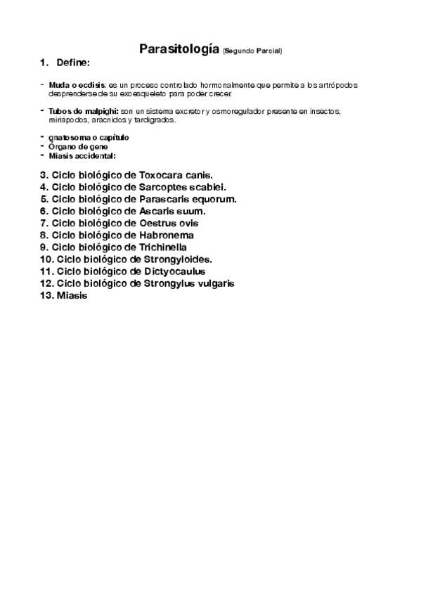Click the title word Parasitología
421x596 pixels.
(179, 49)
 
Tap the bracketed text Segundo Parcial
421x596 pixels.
(252, 51)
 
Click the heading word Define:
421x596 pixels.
(73, 64)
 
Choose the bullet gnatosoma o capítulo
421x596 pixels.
(89, 137)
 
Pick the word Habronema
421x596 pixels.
(167, 235)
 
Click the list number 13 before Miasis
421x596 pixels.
(46, 295)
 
